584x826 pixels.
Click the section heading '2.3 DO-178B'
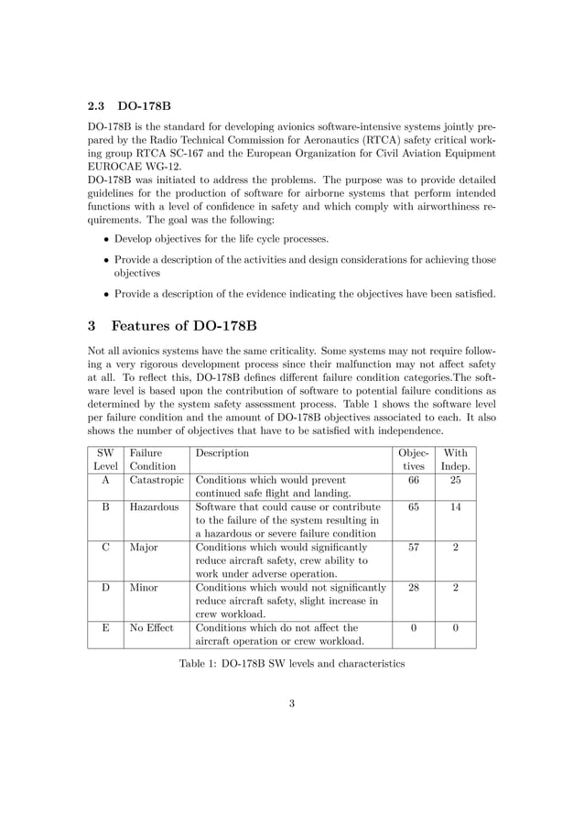(129, 105)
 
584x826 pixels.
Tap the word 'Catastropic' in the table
(157, 479)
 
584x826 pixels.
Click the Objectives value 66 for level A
(414, 479)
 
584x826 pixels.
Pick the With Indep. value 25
(455, 479)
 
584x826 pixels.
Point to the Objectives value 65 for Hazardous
(414, 506)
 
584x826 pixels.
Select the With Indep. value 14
(455, 506)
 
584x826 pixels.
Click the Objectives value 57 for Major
(414, 548)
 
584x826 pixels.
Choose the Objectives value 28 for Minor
(414, 588)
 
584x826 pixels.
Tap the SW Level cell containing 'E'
(106, 628)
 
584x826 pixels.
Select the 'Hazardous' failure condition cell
(154, 506)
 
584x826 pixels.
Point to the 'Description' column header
(222, 452)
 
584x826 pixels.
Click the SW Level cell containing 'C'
(106, 548)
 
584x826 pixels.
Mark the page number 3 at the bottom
(291, 704)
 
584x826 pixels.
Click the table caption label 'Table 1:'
(199, 663)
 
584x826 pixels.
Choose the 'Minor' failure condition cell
(145, 588)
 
